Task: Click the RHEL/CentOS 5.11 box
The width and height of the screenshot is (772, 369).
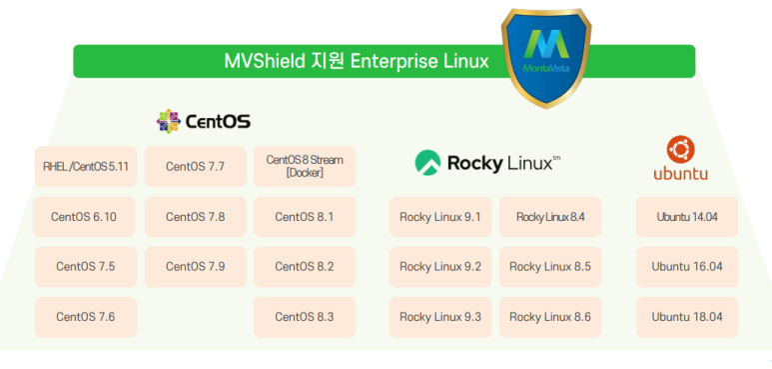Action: pyautogui.click(x=86, y=167)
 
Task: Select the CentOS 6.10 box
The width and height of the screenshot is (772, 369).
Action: pyautogui.click(x=84, y=217)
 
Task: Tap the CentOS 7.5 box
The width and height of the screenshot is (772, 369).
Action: pyautogui.click(x=86, y=267)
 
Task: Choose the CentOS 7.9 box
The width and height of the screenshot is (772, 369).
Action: pyautogui.click(x=196, y=267)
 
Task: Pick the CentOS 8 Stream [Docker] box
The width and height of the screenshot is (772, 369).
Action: pyautogui.click(x=305, y=167)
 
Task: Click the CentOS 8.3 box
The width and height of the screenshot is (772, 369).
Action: pyautogui.click(x=305, y=317)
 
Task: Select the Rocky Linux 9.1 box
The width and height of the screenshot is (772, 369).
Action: pyautogui.click(x=440, y=217)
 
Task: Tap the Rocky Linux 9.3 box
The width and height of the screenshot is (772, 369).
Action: pyautogui.click(x=440, y=317)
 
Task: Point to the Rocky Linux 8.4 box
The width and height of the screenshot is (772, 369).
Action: pyautogui.click(x=550, y=217)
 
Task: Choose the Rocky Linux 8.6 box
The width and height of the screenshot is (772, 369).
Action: pyautogui.click(x=550, y=317)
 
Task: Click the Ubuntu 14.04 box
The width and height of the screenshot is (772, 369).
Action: pyautogui.click(x=687, y=217)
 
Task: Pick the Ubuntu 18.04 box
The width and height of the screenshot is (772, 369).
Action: pyautogui.click(x=687, y=317)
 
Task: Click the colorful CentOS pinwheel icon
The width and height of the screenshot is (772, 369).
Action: pyautogui.click(x=169, y=121)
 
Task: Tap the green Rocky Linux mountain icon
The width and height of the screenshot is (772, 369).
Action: pyautogui.click(x=427, y=163)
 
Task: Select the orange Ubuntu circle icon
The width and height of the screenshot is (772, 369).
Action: pyautogui.click(x=681, y=149)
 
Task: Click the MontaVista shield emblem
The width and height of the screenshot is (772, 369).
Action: pyautogui.click(x=546, y=58)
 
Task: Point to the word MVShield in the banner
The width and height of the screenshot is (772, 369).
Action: pyautogui.click(x=265, y=62)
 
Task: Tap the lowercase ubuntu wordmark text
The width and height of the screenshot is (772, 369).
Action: pyautogui.click(x=681, y=173)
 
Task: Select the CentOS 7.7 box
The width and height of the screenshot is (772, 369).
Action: pyautogui.click(x=196, y=167)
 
